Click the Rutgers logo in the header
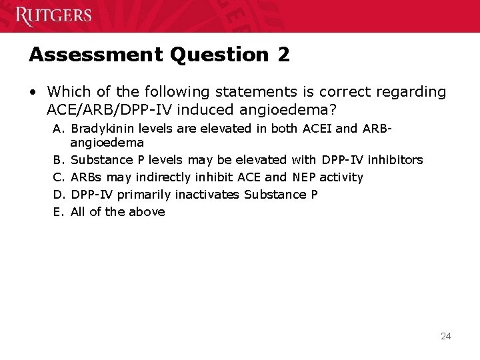[x=53, y=15]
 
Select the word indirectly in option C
[x=160, y=177]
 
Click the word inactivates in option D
[x=209, y=195]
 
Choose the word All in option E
[x=79, y=212]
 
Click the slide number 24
[x=445, y=336]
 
